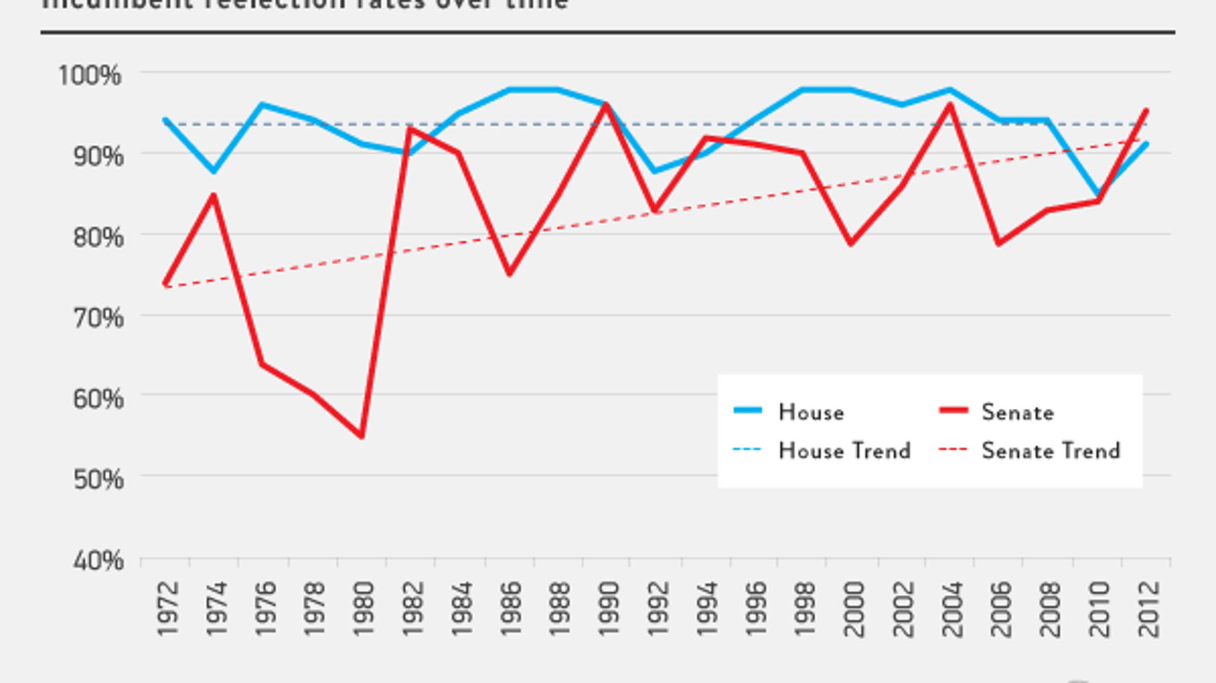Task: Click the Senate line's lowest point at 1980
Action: coord(361,436)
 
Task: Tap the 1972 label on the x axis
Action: coord(168,608)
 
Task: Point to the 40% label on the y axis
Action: coord(98,561)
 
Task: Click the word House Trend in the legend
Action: coord(844,451)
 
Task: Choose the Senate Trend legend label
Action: coord(1050,451)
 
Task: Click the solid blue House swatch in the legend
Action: coord(748,411)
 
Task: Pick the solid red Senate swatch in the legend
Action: coord(953,411)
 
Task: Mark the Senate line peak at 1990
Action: coord(607,105)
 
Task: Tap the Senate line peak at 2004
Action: coord(951,105)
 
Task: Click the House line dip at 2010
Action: coord(1098,196)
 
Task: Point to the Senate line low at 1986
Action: coord(509,273)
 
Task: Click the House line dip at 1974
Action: coord(214,171)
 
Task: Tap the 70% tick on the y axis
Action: coord(98,318)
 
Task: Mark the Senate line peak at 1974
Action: coord(214,196)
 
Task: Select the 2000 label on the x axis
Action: coord(854,608)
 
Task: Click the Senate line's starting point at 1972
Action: coord(166,282)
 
